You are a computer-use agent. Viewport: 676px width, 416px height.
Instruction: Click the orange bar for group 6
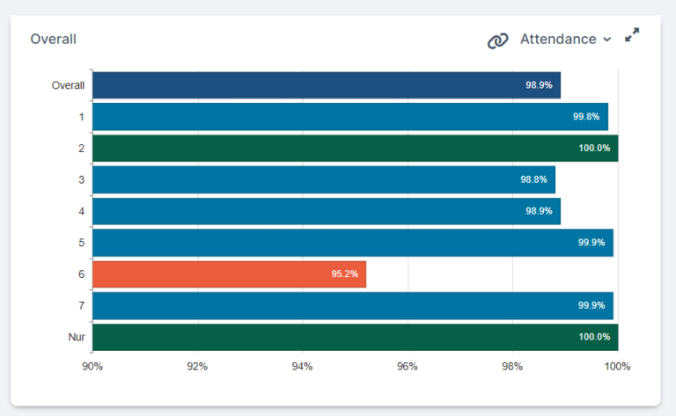[229, 274]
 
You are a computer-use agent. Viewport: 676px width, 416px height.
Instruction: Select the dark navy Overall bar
[326, 85]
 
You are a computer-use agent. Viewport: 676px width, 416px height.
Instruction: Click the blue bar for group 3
[323, 179]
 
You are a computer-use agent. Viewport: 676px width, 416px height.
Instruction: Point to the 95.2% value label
[344, 274]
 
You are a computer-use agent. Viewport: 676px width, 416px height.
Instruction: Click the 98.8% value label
[533, 179]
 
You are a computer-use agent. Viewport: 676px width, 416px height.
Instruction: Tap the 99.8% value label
[586, 117]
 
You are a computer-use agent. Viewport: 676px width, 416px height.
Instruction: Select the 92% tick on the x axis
[197, 367]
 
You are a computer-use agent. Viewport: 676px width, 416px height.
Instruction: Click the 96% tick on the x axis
[408, 367]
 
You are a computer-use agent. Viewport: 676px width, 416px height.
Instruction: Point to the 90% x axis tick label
[92, 367]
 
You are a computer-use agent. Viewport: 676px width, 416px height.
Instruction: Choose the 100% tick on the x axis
[618, 367]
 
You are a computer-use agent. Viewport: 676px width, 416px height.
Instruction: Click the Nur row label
[77, 337]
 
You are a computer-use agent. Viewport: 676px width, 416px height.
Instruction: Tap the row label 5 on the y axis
[81, 243]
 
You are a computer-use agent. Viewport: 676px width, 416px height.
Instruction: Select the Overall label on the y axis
[68, 85]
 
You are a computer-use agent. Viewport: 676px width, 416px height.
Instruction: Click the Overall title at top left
[53, 40]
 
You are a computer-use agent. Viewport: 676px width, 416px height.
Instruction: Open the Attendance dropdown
[565, 40]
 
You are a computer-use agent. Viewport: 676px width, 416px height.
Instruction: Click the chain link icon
[498, 40]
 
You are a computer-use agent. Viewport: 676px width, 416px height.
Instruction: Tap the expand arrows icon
[632, 36]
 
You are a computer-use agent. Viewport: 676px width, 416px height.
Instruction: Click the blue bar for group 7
[352, 305]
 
